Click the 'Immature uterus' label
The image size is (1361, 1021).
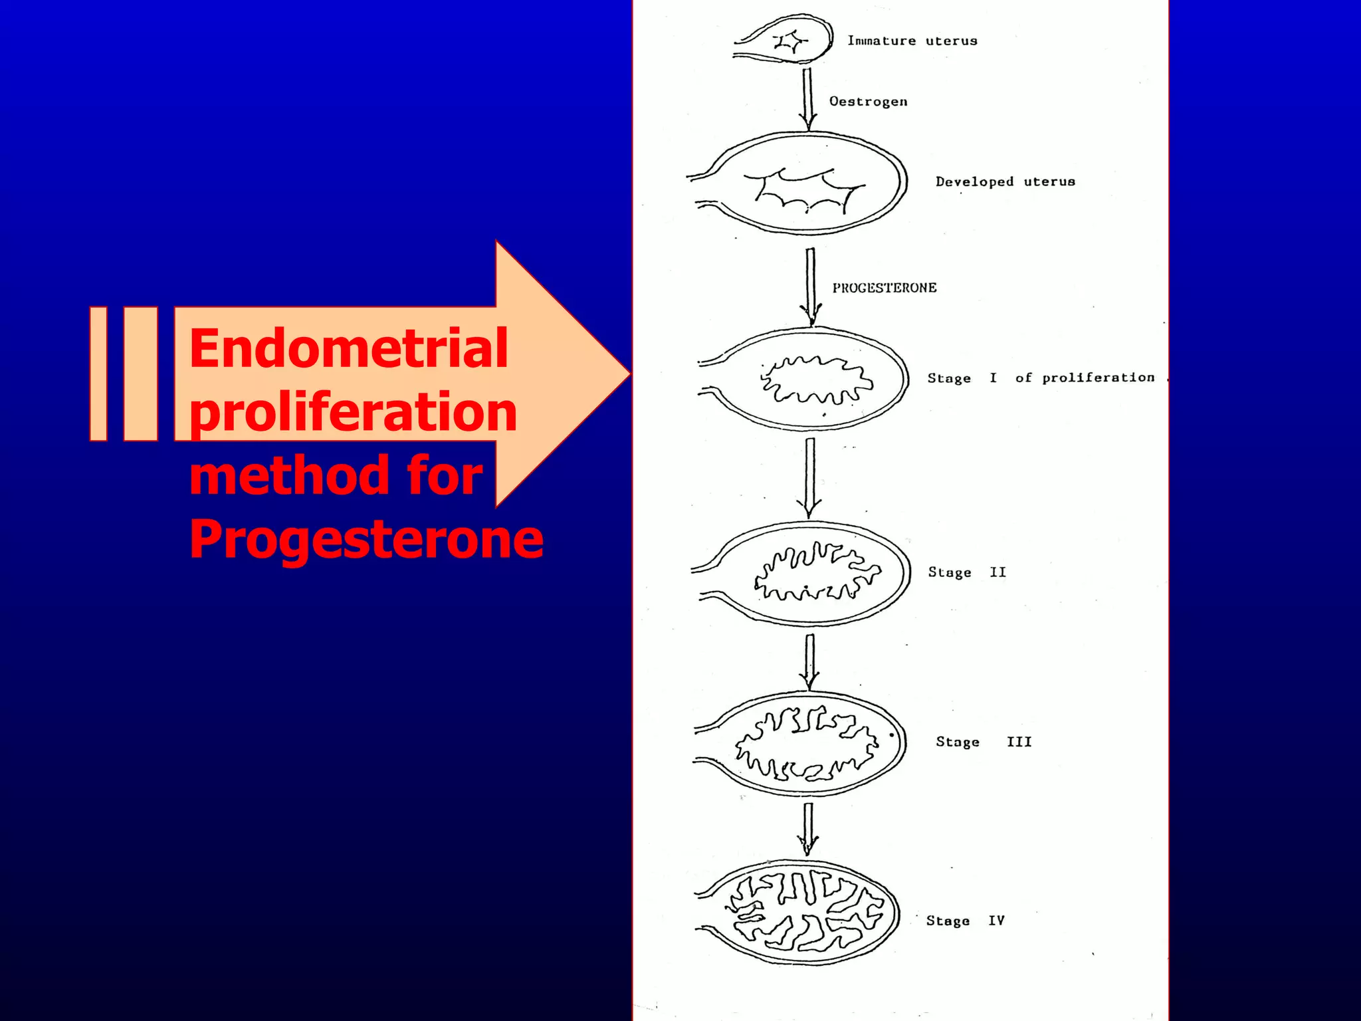(912, 41)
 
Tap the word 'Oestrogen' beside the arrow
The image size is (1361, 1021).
(868, 102)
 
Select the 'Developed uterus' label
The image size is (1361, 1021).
(1005, 181)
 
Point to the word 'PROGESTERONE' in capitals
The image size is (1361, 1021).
(885, 288)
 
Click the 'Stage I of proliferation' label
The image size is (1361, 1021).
(1041, 378)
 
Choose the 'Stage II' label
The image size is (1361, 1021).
(967, 572)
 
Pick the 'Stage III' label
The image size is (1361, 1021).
(984, 742)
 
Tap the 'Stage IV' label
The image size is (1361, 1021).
(965, 921)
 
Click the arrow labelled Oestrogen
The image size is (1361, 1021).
(808, 100)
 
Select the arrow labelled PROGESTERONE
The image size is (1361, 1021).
(811, 286)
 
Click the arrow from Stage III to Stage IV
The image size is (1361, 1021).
(808, 828)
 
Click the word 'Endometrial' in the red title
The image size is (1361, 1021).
(348, 348)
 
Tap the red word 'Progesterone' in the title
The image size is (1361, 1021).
(366, 538)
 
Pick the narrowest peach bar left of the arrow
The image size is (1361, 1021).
(98, 374)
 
